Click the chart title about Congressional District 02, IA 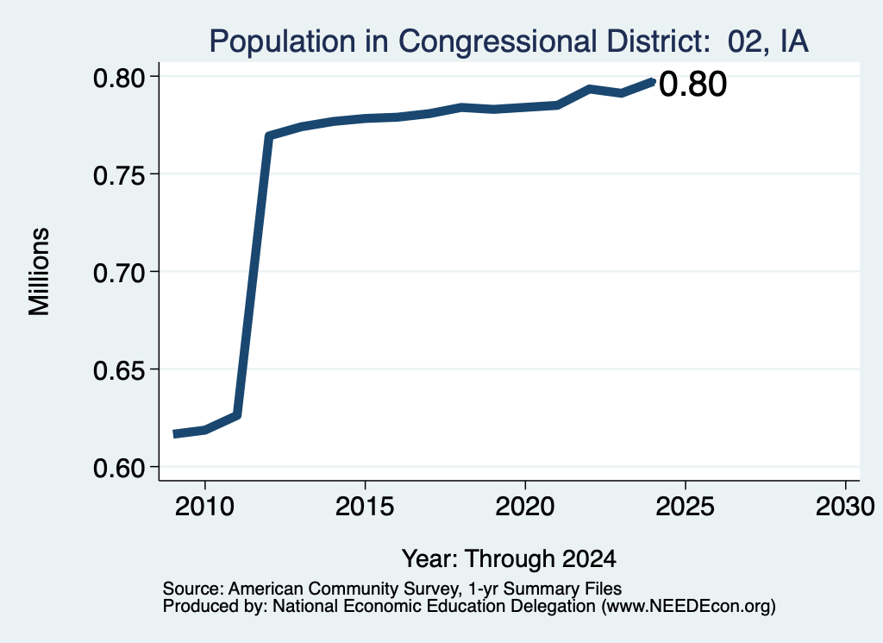coord(509,41)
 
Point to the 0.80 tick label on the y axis coord(119,77)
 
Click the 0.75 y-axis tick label coord(119,174)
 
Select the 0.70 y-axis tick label coord(119,272)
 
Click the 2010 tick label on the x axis coord(204,506)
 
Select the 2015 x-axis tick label coord(365,506)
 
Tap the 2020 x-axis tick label coord(525,506)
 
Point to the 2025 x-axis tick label coord(686,506)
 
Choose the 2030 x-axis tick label coord(845,506)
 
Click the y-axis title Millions coord(39,272)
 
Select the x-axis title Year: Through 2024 coord(509,559)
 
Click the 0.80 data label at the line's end coord(692,85)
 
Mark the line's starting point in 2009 coord(174,434)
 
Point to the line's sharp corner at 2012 coord(269,136)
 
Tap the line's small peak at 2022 coord(589,89)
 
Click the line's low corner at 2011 coord(237,416)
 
